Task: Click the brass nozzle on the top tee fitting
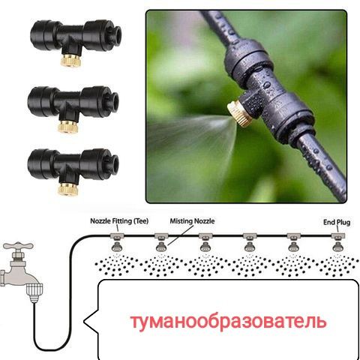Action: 70,61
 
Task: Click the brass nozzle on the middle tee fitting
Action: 68,127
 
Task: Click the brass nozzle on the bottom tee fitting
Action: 68,189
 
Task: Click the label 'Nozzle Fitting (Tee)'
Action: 119,221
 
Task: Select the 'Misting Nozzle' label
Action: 192,221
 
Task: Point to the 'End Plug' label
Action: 337,222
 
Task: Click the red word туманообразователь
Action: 229,322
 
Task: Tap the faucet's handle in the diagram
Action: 18,246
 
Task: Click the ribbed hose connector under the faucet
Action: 34,292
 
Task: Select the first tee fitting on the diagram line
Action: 117,235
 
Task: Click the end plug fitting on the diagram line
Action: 338,235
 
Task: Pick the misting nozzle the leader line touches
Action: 161,247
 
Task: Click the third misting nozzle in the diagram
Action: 205,247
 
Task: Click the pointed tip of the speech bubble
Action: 84,321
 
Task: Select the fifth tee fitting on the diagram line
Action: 294,235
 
